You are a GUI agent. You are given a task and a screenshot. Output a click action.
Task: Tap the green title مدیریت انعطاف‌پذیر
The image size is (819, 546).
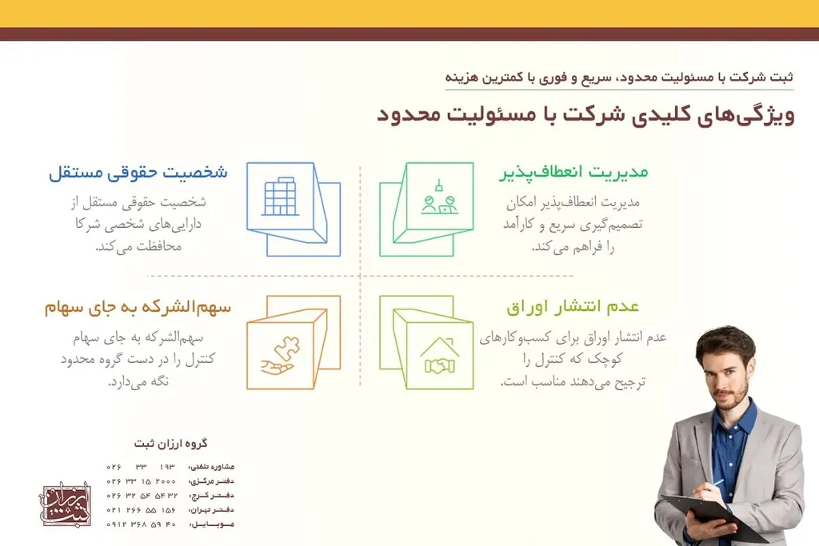click(573, 173)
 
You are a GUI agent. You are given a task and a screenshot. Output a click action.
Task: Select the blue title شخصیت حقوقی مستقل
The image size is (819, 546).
click(138, 173)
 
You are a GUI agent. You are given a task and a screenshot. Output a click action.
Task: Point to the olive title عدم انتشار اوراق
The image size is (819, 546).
click(573, 307)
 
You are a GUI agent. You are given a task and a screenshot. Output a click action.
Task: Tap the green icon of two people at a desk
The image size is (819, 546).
click(439, 197)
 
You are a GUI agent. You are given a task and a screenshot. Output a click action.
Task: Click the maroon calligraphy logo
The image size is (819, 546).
click(66, 504)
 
